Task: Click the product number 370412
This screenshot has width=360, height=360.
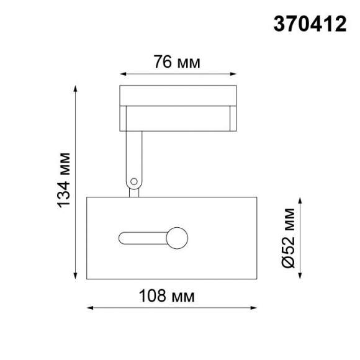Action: pyautogui.click(x=310, y=24)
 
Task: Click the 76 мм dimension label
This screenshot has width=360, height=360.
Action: pyautogui.click(x=178, y=62)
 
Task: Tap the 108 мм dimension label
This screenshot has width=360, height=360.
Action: pyautogui.click(x=172, y=296)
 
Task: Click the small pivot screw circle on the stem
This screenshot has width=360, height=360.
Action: pyautogui.click(x=133, y=181)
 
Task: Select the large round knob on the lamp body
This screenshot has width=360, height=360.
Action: pyautogui.click(x=176, y=238)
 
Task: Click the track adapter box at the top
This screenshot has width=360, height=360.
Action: pyautogui.click(x=178, y=108)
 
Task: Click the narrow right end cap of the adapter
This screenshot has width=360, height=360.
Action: pyautogui.click(x=233, y=118)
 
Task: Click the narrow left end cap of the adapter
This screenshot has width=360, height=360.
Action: pyautogui.click(x=123, y=118)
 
